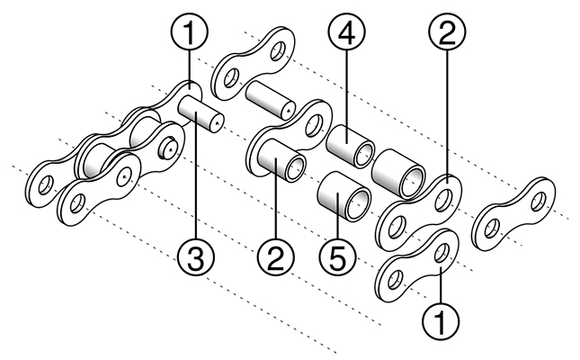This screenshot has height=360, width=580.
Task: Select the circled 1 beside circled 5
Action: click(441, 319)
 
